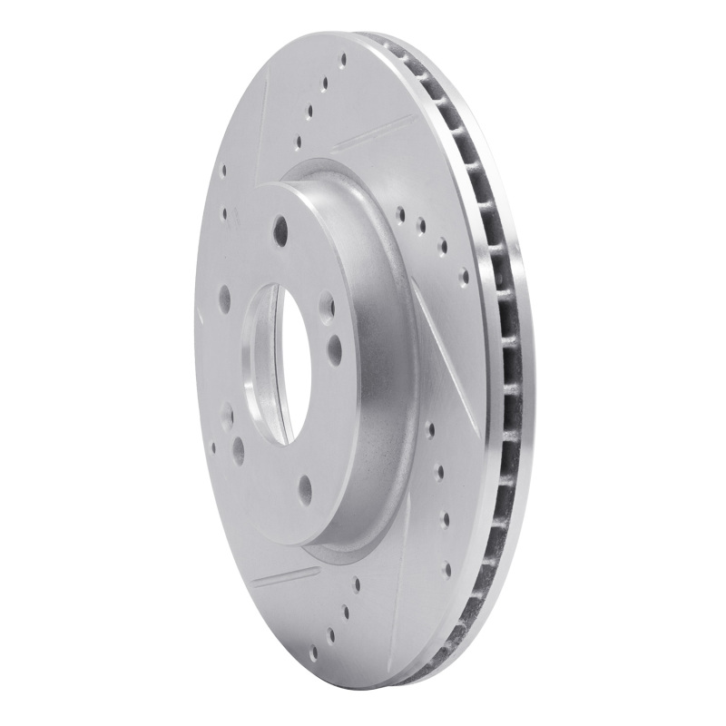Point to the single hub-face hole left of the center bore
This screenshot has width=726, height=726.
click(224, 296)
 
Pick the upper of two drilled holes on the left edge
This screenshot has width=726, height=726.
click(222, 169)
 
